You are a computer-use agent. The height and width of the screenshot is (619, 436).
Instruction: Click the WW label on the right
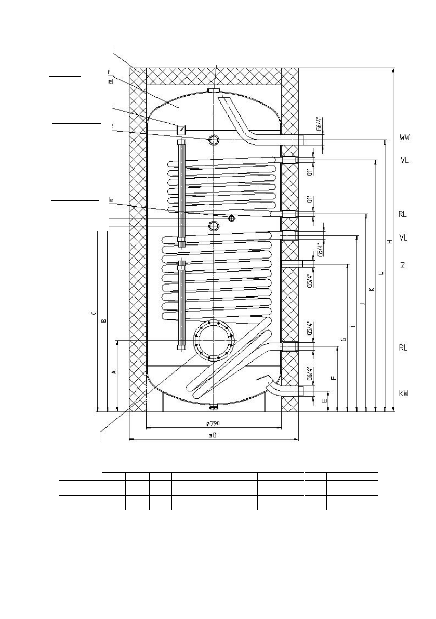click(404, 138)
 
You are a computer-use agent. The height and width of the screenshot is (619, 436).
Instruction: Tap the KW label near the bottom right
click(404, 394)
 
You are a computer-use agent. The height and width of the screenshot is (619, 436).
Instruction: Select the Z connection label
click(402, 265)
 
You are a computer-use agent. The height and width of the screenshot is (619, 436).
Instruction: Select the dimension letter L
click(381, 273)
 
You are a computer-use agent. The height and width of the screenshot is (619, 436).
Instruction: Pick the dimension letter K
click(372, 289)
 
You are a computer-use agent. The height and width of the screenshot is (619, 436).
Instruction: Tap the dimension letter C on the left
click(93, 313)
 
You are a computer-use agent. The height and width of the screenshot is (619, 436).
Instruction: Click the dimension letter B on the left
click(103, 321)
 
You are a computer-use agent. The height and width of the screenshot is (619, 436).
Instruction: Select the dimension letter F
click(334, 378)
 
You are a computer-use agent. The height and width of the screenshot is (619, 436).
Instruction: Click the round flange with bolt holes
click(213, 340)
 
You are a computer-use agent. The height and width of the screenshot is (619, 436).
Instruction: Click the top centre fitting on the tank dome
click(214, 92)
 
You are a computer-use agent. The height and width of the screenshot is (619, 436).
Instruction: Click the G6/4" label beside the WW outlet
click(321, 126)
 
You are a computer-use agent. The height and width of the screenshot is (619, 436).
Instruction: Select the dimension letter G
click(343, 339)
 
